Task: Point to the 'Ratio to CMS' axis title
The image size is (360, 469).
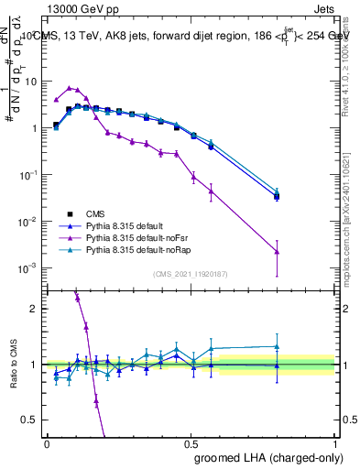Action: [13, 364]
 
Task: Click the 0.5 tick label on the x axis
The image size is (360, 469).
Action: [191, 444]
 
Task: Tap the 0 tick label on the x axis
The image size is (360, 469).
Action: [47, 444]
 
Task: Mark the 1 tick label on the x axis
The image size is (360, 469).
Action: [335, 444]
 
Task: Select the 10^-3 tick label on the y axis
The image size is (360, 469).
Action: [27, 268]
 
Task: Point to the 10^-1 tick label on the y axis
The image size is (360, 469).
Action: [27, 175]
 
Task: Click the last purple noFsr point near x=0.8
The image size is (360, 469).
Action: [277, 251]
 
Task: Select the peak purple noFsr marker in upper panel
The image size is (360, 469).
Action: [70, 87]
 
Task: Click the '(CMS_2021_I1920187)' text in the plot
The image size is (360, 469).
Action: [191, 274]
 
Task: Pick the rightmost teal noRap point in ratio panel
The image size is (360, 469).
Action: [277, 346]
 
